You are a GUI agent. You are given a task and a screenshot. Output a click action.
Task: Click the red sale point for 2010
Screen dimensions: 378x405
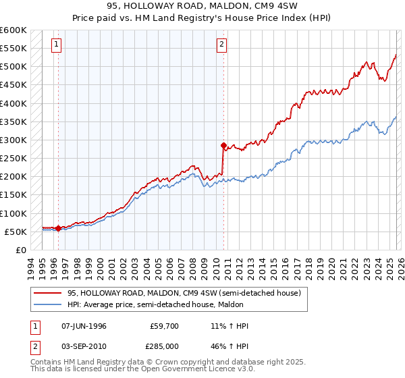coord(223,145)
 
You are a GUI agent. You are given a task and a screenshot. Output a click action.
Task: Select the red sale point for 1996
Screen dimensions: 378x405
coord(59,228)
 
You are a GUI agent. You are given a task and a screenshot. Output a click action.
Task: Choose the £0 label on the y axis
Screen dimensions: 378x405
coord(20,250)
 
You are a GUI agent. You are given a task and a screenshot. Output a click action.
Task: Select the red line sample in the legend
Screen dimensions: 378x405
coord(47,293)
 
